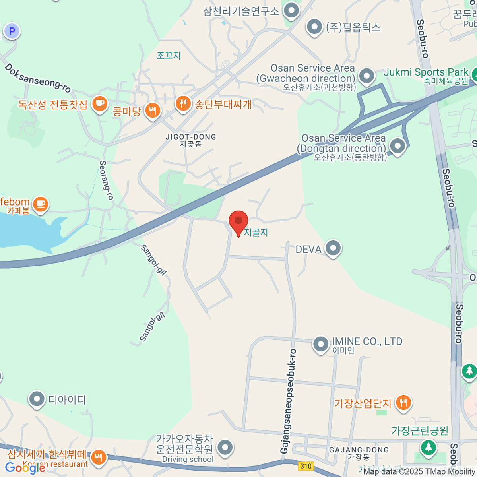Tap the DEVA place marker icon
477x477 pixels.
333,248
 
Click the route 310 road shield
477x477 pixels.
306,466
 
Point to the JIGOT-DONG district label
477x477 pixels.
191,140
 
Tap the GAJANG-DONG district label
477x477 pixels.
359,453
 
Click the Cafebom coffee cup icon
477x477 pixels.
40,204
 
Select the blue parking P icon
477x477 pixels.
12,31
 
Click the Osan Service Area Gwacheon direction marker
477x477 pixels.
366,76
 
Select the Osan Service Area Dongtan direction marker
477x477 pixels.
397,146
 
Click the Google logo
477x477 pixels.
25,468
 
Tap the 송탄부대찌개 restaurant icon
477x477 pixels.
183,104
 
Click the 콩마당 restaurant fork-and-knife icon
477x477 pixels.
153,110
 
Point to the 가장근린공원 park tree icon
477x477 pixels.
428,447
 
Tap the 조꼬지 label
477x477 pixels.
169,55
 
